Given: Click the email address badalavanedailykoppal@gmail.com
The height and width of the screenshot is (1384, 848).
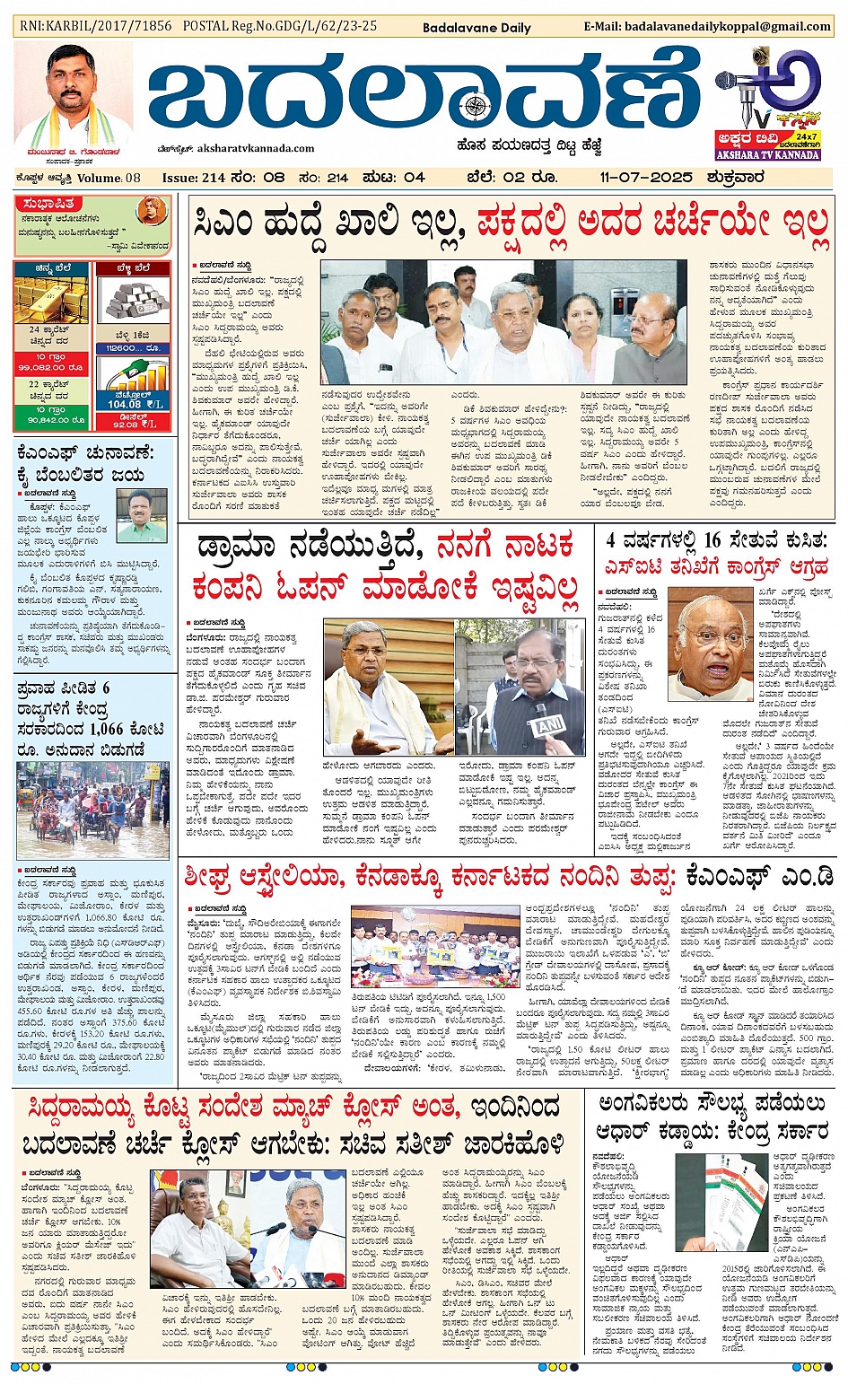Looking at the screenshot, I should coord(726,26).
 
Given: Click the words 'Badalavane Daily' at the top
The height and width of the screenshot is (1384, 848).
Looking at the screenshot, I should coord(476,28).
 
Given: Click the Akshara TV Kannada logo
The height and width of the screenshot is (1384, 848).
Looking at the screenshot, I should coord(767,102).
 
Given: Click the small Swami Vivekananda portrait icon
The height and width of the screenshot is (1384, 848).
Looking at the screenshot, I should coord(152,213).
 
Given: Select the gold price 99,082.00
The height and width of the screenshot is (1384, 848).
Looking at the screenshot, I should coord(51,367).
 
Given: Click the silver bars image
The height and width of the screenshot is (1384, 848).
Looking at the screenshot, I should coord(132,300).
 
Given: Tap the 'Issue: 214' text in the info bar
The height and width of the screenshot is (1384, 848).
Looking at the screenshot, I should coord(194,178).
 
